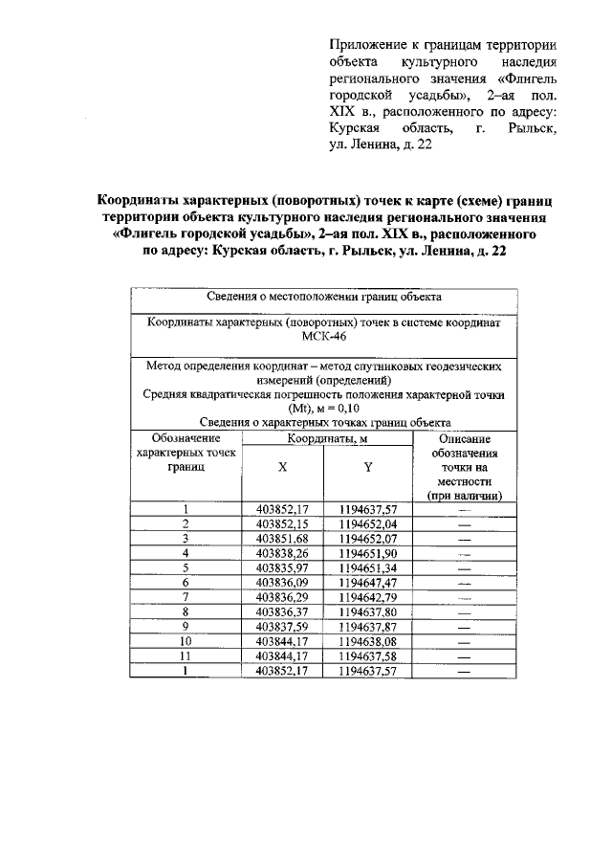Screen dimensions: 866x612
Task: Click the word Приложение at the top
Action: coord(363,46)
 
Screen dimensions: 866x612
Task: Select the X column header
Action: coord(282,467)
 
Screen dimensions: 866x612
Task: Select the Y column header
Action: coord(367,467)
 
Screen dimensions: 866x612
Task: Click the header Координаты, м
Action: coord(325,438)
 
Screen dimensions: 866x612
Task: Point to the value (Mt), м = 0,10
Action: coord(323,407)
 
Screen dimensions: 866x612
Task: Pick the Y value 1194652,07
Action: coord(367,538)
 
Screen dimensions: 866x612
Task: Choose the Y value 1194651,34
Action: coord(367,566)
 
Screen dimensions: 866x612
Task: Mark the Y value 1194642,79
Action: coord(367,596)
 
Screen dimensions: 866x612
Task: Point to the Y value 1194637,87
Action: coord(367,626)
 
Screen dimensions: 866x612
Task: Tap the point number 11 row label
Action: coord(186,655)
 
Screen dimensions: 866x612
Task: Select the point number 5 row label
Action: coord(186,566)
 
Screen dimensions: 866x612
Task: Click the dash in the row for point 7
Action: coord(465,596)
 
